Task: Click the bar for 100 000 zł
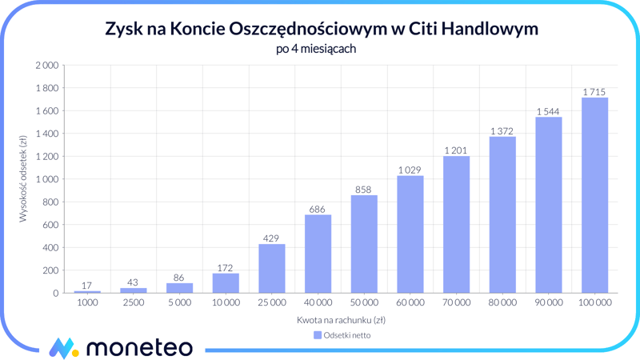pyautogui.click(x=594, y=195)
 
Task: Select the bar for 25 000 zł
pyautogui.click(x=272, y=269)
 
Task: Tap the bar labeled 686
pyautogui.click(x=318, y=254)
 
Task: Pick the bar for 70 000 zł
pyautogui.click(x=456, y=225)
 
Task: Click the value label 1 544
pyautogui.click(x=548, y=111)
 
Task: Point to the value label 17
pyautogui.click(x=87, y=286)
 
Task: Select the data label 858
pyautogui.click(x=364, y=190)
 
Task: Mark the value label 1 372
pyautogui.click(x=502, y=131)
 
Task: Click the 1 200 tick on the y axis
pyautogui.click(x=46, y=156)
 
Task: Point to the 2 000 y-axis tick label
pyautogui.click(x=46, y=65)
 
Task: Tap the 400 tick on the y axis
pyautogui.click(x=50, y=248)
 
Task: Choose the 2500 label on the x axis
pyautogui.click(x=134, y=303)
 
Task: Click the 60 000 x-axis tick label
pyautogui.click(x=410, y=303)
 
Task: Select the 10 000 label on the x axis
pyautogui.click(x=226, y=303)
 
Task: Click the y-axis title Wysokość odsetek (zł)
pyautogui.click(x=23, y=178)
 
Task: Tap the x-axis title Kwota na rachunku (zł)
pyautogui.click(x=341, y=320)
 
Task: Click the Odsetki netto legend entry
pyautogui.click(x=342, y=335)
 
